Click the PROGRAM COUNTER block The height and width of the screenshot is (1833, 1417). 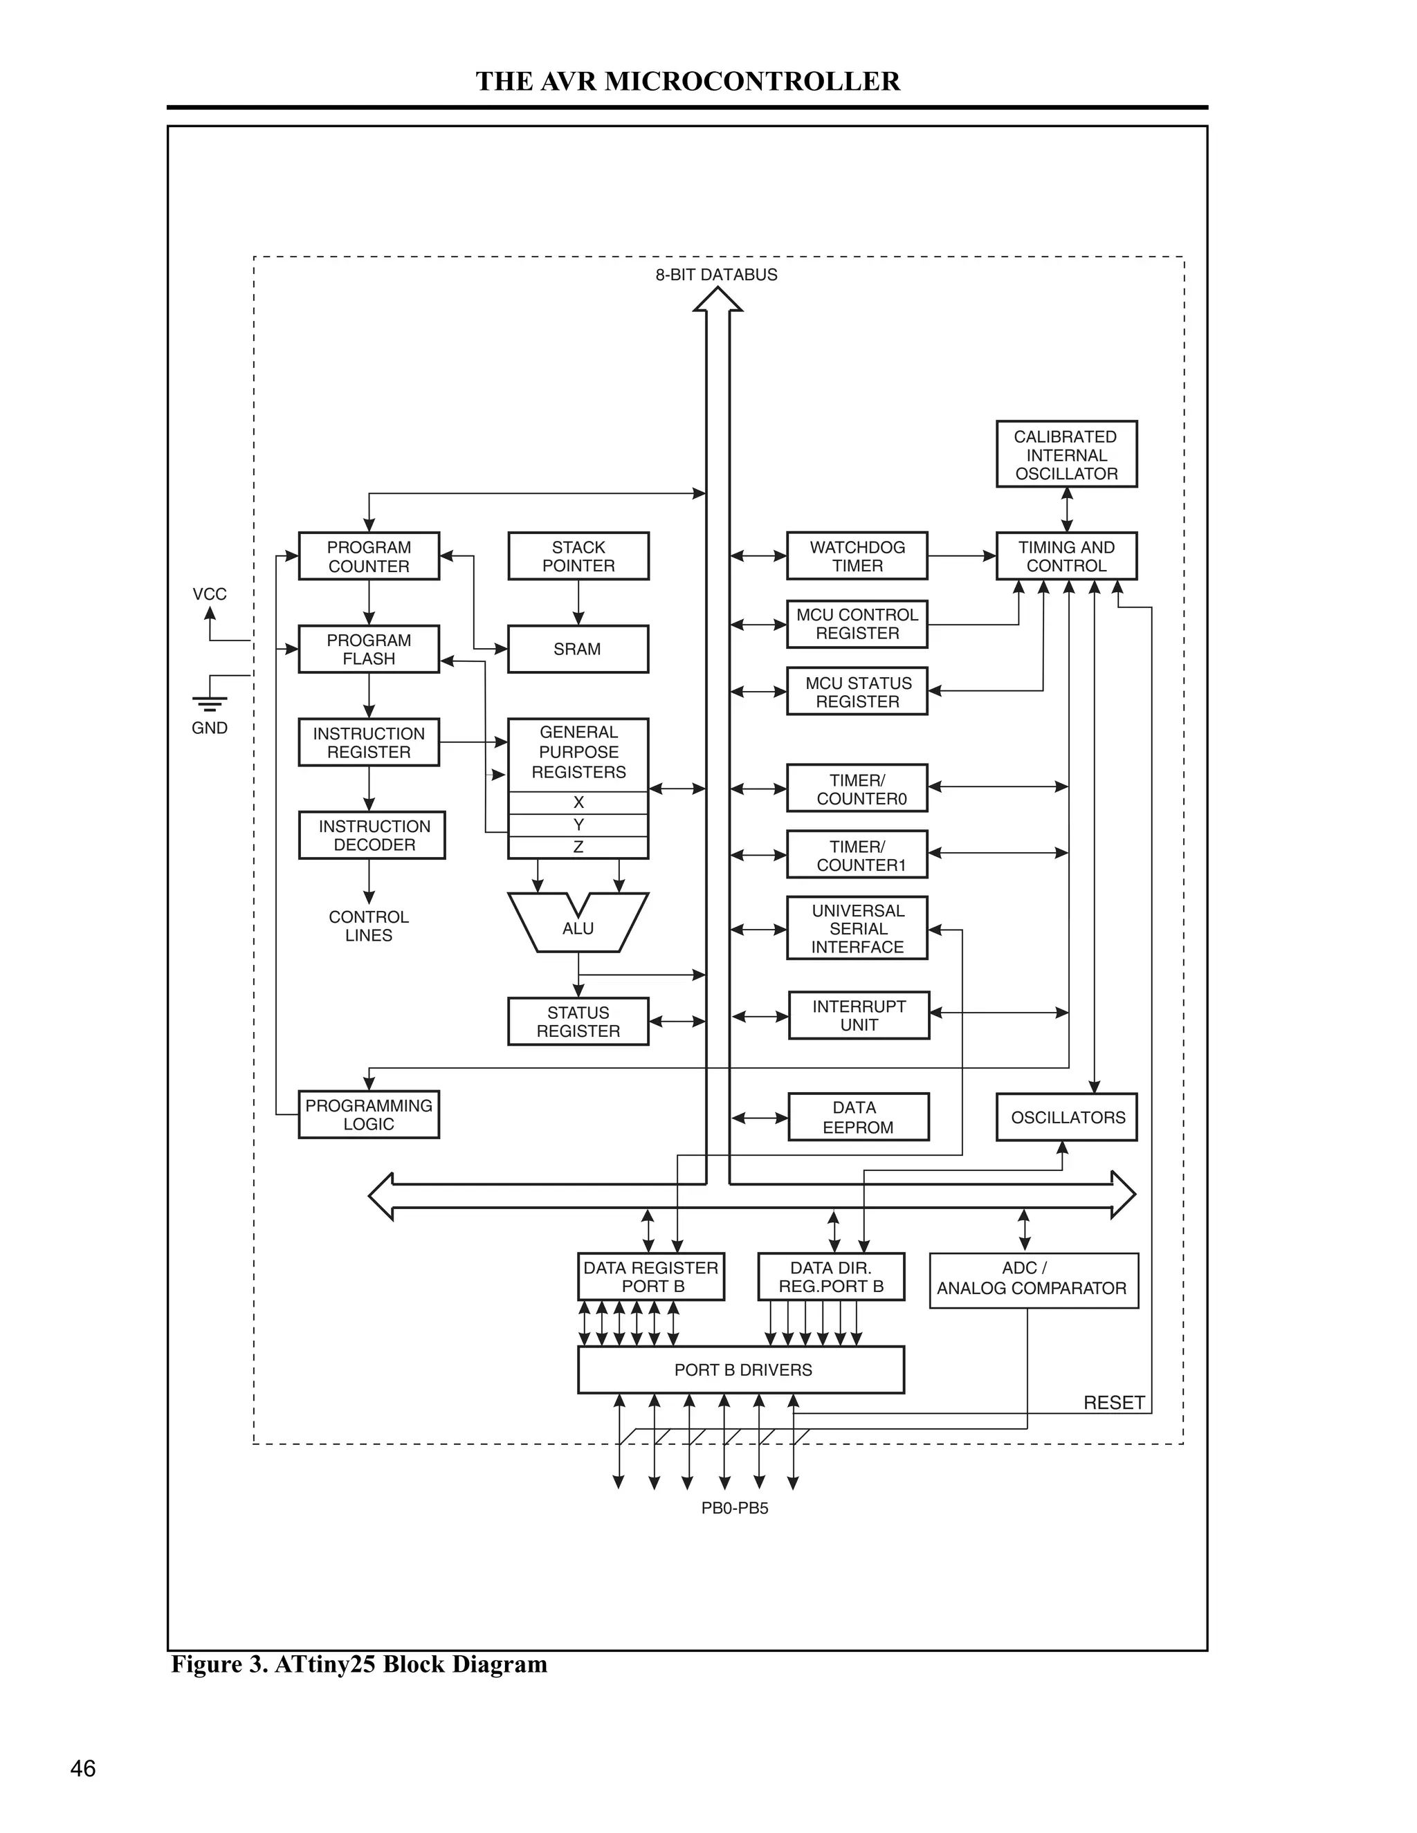pyautogui.click(x=369, y=555)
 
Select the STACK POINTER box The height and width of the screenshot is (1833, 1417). pyautogui.click(x=578, y=555)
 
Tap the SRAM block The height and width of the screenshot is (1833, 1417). pyautogui.click(x=578, y=649)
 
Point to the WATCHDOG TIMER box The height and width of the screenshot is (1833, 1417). pyautogui.click(x=857, y=555)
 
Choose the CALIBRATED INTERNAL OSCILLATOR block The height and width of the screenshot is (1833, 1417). pyautogui.click(x=1066, y=454)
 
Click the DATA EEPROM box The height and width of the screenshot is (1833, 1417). pyautogui.click(x=858, y=1117)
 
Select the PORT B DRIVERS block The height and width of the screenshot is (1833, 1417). pyautogui.click(x=741, y=1370)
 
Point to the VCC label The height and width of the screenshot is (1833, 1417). pyautogui.click(x=209, y=594)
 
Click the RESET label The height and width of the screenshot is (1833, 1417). pyautogui.click(x=1113, y=1403)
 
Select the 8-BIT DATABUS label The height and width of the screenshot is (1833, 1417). pyautogui.click(x=716, y=275)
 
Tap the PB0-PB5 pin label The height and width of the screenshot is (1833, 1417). pyautogui.click(x=735, y=1508)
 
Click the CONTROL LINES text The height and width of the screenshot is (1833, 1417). pyautogui.click(x=369, y=925)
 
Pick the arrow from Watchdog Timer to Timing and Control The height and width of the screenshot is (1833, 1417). pyautogui.click(x=961, y=555)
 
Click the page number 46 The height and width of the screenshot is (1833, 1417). pyautogui.click(x=83, y=1769)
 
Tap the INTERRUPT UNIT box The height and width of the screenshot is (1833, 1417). pyautogui.click(x=859, y=1015)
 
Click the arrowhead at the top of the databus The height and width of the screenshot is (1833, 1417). pyautogui.click(x=717, y=300)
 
